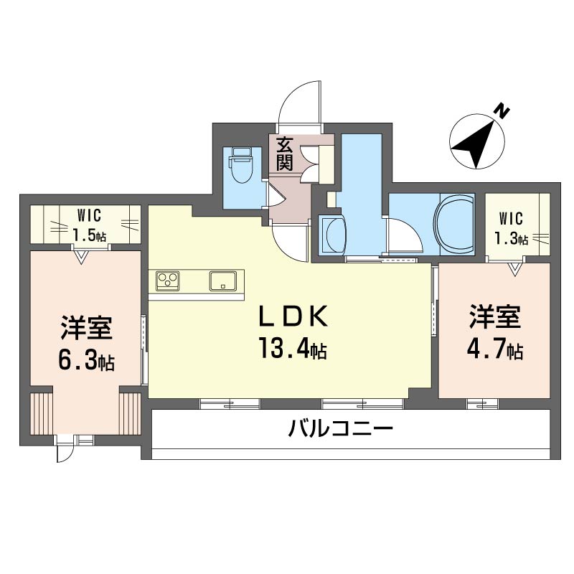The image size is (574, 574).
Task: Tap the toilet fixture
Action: tap(240, 166)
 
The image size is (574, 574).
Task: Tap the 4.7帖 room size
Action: tap(495, 349)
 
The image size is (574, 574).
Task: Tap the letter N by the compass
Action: tap(502, 111)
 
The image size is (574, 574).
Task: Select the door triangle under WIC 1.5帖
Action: tap(81, 255)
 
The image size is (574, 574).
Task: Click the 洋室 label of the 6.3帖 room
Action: tap(85, 329)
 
